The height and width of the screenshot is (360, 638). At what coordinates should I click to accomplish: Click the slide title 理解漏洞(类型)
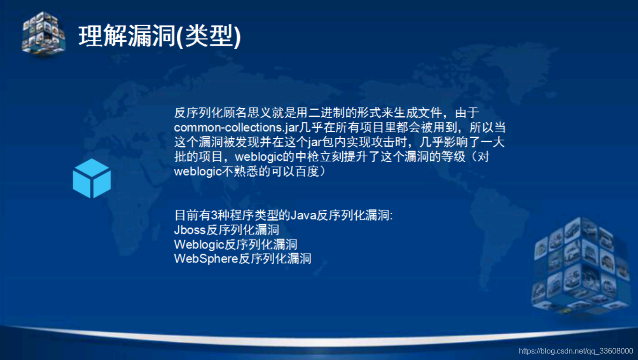coord(159,36)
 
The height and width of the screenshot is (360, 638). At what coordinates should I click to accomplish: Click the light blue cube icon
coord(92,178)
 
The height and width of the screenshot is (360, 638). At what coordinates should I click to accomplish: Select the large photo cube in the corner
coord(581,265)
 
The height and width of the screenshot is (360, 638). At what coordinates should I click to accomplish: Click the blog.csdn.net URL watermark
coord(576,351)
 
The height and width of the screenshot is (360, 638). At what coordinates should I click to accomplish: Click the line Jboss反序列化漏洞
coord(226,230)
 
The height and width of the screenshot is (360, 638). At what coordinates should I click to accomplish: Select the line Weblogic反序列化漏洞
coord(235,244)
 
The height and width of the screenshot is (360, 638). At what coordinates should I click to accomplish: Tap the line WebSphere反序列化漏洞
coord(242,258)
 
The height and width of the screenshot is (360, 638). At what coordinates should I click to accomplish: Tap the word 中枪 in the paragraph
coord(306,157)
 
